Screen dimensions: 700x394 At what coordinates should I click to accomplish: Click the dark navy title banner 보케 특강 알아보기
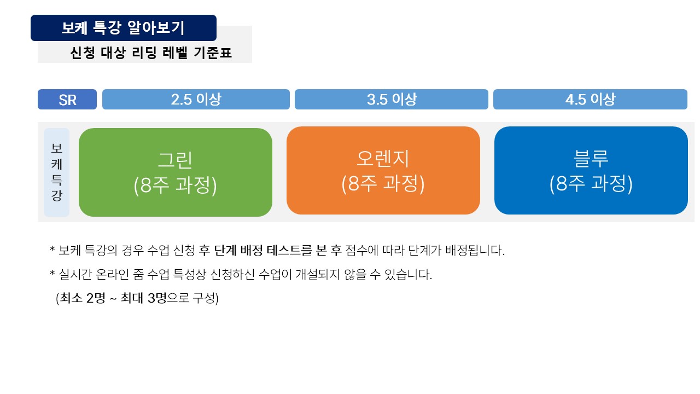click(x=124, y=28)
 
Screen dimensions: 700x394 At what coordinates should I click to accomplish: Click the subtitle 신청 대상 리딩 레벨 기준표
click(x=151, y=53)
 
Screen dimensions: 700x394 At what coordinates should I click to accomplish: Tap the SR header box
click(x=67, y=100)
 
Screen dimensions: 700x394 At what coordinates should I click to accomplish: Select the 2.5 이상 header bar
click(x=196, y=100)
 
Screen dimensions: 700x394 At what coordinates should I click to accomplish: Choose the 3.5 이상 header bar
click(x=391, y=100)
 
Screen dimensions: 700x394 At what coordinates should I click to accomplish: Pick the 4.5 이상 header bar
click(x=590, y=100)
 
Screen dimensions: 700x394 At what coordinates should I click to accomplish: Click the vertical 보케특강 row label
click(x=56, y=172)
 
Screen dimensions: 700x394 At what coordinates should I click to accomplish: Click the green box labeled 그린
click(x=176, y=172)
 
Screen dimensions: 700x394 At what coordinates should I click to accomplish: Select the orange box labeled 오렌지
click(x=383, y=170)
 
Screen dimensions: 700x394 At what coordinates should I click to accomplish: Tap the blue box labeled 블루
click(x=591, y=170)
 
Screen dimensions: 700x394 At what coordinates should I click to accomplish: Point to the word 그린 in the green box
click(x=175, y=160)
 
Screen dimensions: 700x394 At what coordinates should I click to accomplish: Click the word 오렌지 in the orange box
click(x=383, y=158)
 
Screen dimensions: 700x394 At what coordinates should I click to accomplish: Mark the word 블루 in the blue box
click(x=591, y=158)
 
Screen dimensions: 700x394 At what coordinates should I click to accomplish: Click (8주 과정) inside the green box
click(x=175, y=185)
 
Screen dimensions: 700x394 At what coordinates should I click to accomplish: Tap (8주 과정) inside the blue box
click(x=591, y=183)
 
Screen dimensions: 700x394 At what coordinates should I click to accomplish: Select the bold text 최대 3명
click(x=144, y=298)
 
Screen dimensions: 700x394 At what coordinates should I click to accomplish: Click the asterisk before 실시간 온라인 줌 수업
click(x=52, y=273)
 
